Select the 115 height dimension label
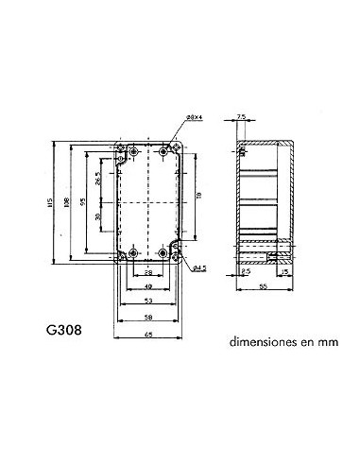(x=58, y=202)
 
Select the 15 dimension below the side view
(x=285, y=273)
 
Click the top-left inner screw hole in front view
(x=132, y=151)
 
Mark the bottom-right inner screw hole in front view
(x=163, y=254)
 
